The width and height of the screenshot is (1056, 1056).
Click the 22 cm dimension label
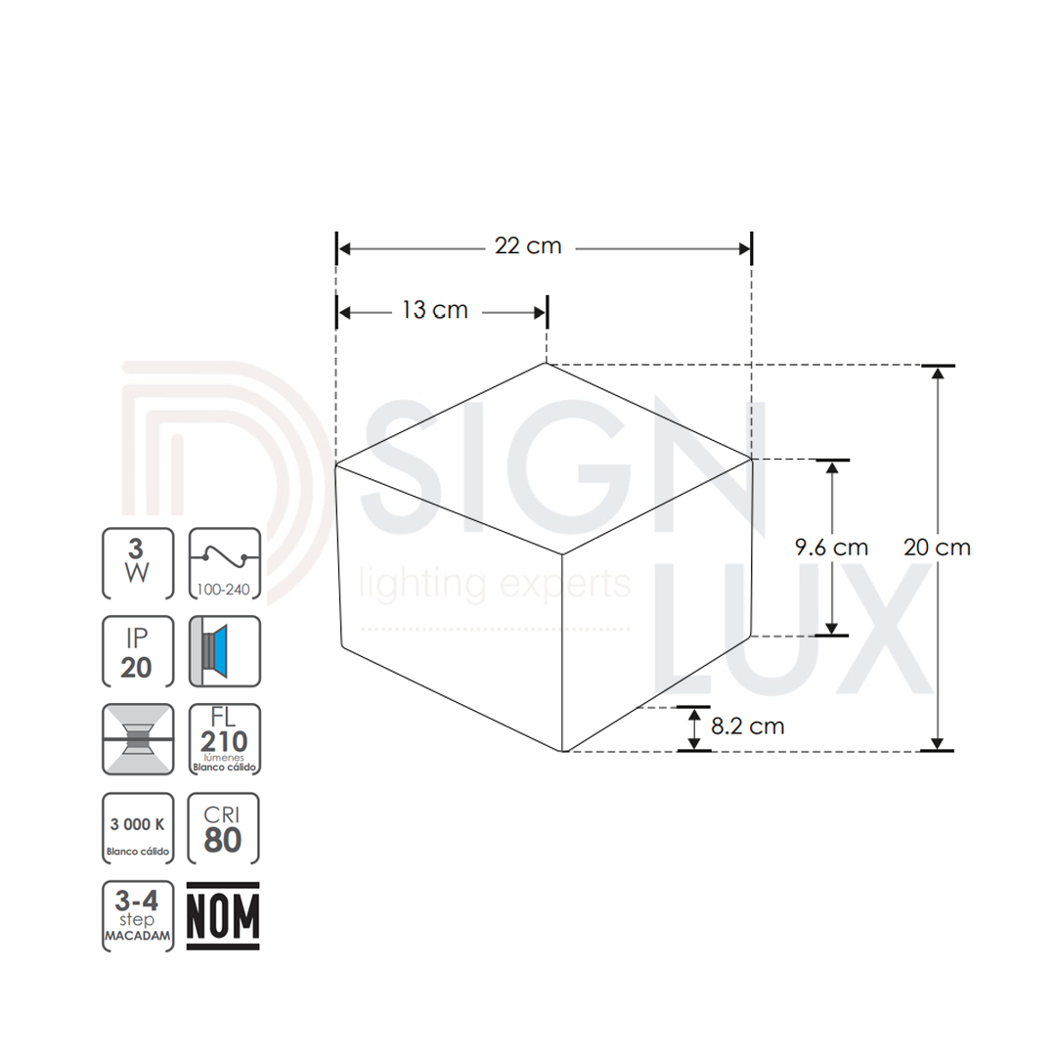[x=528, y=245]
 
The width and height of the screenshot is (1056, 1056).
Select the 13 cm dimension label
[x=435, y=310]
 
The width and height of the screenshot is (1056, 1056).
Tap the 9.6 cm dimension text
[x=831, y=547]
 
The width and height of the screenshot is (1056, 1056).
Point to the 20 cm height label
[x=937, y=547]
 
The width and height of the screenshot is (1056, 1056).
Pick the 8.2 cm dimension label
[x=748, y=726]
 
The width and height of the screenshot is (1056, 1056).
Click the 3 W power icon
[x=138, y=563]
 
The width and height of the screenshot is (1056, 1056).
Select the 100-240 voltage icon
[x=224, y=563]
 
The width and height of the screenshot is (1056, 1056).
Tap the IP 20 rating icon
[x=138, y=651]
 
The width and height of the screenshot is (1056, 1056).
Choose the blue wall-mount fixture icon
[x=224, y=651]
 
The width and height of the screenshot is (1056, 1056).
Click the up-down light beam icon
[x=138, y=739]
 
